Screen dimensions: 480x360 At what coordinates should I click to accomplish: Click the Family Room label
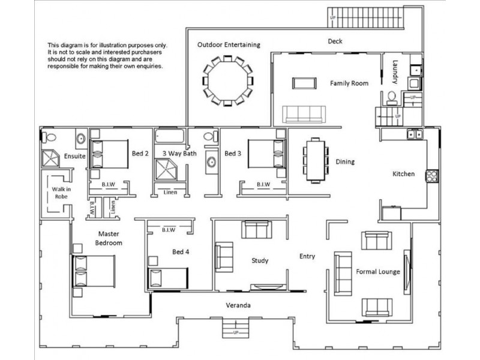tap(349, 83)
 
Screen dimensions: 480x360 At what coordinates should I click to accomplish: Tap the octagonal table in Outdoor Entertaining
tap(227, 81)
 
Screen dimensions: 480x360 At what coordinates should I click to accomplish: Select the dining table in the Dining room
tap(316, 161)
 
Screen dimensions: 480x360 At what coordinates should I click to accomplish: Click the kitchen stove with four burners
tap(432, 176)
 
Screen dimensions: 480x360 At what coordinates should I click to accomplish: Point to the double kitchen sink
tap(415, 134)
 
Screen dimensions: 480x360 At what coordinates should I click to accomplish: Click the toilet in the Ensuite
tap(49, 137)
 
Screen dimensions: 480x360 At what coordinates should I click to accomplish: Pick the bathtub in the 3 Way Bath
tap(170, 136)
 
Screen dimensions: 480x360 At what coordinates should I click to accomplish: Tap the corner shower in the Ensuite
tap(50, 158)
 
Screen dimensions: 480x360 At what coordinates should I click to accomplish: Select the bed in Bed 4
tap(168, 278)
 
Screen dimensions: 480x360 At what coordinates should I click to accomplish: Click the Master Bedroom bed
tap(94, 271)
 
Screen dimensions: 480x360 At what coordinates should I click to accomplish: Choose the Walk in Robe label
tap(61, 193)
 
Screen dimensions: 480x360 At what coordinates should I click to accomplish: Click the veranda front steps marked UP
tap(235, 328)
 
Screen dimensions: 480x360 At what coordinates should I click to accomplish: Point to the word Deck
tap(335, 41)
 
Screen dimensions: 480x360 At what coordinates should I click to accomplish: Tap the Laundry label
tap(395, 72)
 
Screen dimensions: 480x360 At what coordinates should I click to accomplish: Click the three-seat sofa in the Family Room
tap(304, 115)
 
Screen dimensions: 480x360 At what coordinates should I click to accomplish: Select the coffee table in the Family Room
tap(304, 83)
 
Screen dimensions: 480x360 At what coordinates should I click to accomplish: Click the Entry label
tap(307, 257)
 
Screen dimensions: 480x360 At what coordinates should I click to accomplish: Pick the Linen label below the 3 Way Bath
tap(170, 192)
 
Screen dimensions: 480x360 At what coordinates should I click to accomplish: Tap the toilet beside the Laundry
tap(391, 97)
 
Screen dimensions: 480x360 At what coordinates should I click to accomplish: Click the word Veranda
tap(238, 305)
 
